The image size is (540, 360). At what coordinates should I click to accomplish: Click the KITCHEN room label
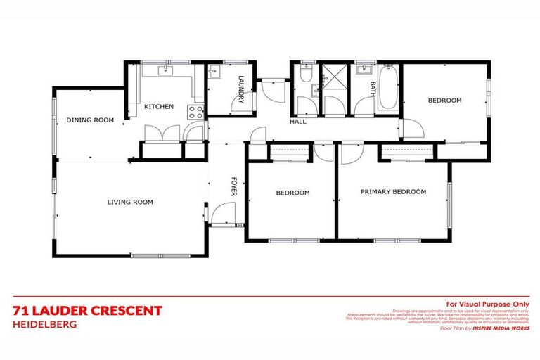(x=159, y=106)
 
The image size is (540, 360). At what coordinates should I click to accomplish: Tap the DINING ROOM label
(x=90, y=120)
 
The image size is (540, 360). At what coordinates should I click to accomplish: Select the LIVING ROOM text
(x=130, y=202)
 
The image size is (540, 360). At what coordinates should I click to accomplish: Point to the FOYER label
(x=234, y=187)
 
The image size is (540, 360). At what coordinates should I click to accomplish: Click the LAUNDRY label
(x=240, y=89)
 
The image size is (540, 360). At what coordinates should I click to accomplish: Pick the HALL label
(x=297, y=122)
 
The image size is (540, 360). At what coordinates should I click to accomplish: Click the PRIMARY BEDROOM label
(x=393, y=192)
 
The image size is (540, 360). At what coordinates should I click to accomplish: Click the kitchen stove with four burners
(x=195, y=110)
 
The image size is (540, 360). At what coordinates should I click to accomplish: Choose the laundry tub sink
(x=216, y=72)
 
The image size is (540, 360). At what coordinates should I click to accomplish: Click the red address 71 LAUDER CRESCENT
(x=88, y=311)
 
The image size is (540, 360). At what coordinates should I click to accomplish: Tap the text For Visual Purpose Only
(x=487, y=303)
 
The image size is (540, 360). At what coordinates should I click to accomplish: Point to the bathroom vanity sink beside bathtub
(x=365, y=70)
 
